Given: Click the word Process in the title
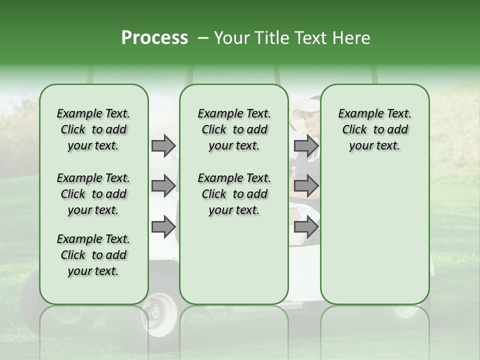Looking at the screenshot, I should point(154,37).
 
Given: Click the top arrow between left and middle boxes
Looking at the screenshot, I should point(163,145).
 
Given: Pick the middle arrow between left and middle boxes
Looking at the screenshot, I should point(163,186).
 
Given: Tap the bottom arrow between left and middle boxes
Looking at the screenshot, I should point(163,227).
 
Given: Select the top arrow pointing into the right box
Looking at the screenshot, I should point(306,145).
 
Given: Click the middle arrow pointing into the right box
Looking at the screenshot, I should point(306,186).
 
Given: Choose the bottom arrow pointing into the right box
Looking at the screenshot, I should point(306,227).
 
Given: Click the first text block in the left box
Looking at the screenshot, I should point(93,129).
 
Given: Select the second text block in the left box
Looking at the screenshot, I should point(93,194).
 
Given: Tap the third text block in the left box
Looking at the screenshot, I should point(93,255).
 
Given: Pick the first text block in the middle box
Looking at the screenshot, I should point(234,129).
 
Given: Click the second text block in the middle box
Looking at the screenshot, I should point(234,194).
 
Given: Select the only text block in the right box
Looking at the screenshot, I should point(374,129).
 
